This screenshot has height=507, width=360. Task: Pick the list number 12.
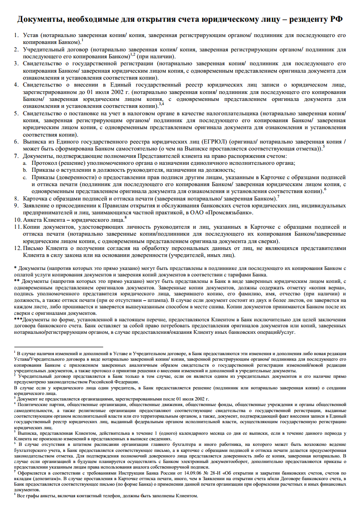pos(17,248)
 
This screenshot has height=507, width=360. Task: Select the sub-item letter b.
pos(25,170)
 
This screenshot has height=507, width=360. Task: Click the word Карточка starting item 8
pos(35,199)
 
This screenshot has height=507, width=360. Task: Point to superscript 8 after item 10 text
pos(125,218)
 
